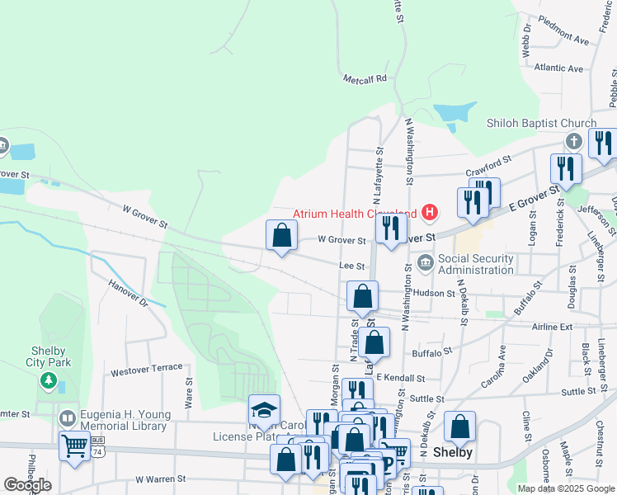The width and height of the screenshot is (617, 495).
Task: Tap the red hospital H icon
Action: point(429,213)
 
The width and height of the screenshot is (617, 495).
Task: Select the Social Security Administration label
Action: point(475,264)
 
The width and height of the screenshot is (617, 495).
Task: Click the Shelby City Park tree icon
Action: point(49,381)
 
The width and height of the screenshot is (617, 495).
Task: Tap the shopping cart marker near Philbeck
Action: point(75,446)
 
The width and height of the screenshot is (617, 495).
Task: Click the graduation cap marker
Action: point(264,410)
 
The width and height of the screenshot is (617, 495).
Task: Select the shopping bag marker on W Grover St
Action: point(282,235)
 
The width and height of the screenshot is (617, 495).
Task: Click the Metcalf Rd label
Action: point(365,79)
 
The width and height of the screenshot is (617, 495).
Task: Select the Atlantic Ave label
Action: point(558,68)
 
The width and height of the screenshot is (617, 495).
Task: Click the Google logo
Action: point(27,485)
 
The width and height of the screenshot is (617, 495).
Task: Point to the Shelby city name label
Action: point(453,452)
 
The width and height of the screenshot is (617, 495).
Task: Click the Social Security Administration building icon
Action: point(425,263)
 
